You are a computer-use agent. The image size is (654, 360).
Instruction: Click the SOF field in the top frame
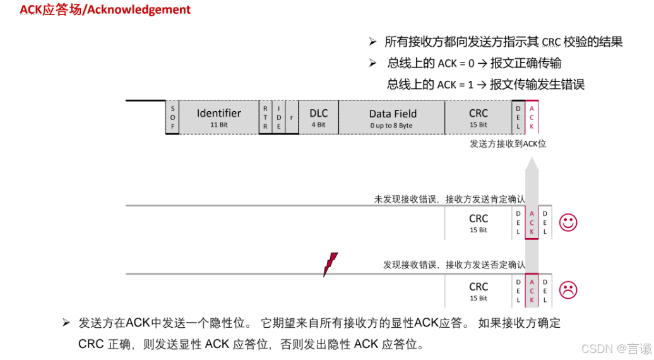tap(172, 117)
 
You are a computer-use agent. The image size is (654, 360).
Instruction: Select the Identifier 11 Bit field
tap(219, 117)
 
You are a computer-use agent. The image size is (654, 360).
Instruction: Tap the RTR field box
tap(265, 117)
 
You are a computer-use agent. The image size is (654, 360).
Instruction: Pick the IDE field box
tap(278, 117)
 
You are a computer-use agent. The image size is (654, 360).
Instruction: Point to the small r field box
tap(291, 117)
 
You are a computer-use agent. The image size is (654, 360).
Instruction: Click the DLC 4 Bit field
tap(318, 117)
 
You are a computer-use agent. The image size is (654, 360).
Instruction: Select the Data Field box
tap(392, 117)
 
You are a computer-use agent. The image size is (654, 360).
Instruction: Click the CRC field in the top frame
tap(478, 117)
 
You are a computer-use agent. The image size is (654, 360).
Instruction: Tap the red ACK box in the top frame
tap(532, 117)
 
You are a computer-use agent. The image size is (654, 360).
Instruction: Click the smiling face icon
tap(568, 222)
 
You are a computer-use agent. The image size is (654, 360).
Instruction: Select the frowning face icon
tap(568, 290)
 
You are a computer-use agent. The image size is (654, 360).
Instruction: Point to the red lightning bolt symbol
tap(330, 264)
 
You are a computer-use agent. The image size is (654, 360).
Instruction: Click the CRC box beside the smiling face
tap(478, 222)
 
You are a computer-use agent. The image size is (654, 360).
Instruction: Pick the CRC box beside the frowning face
tap(478, 291)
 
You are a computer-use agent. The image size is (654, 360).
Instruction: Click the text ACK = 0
tap(456, 63)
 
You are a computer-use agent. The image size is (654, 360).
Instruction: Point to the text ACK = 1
tap(456, 84)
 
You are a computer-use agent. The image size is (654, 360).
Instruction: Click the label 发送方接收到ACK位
tap(508, 144)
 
